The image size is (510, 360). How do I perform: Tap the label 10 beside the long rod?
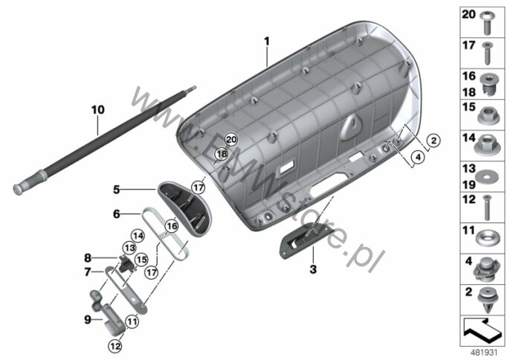97,109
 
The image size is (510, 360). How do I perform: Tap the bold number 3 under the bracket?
312,268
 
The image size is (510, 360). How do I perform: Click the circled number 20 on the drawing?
230,139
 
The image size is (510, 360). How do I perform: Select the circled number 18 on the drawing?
221,154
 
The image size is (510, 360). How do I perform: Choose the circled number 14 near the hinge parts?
138,235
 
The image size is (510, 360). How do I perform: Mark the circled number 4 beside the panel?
419,158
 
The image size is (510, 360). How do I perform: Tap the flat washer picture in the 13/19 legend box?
488,176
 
